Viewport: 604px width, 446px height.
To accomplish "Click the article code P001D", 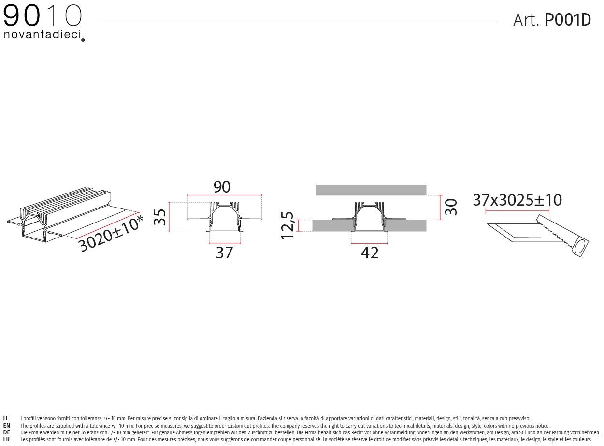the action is click(x=568, y=20).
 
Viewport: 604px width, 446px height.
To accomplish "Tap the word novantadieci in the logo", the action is click(x=43, y=35).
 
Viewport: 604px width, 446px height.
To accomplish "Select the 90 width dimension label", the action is click(x=222, y=187).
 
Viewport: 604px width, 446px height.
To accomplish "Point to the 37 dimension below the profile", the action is click(x=224, y=253).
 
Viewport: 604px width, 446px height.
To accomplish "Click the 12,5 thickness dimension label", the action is click(x=287, y=225).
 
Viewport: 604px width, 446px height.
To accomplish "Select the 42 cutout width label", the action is click(x=370, y=253).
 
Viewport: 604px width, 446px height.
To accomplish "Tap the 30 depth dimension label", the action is click(x=451, y=207).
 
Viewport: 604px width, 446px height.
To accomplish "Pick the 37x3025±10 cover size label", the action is click(x=518, y=200).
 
